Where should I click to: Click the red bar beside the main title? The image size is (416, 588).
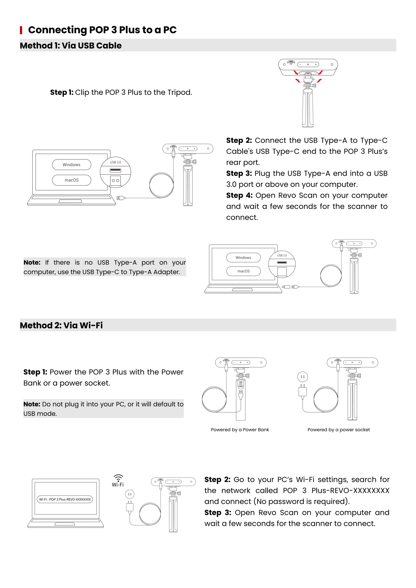21,30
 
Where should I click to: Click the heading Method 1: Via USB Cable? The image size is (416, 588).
71,46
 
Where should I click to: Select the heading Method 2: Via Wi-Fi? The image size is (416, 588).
61,325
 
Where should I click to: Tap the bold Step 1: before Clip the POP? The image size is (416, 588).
62,92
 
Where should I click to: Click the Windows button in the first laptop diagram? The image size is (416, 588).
72,164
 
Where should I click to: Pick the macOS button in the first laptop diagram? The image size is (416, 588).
72,180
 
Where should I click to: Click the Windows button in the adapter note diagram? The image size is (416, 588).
243,257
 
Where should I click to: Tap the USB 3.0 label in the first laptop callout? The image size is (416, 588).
115,162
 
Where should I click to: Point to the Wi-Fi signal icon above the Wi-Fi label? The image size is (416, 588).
118,478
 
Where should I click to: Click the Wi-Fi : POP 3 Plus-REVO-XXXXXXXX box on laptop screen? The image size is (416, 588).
65,499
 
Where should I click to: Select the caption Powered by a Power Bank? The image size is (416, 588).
240,430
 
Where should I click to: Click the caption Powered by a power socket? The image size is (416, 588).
338,430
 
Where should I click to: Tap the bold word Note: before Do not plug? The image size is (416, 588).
32,404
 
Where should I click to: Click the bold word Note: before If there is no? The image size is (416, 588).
32,262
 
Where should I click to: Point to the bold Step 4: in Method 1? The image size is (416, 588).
239,195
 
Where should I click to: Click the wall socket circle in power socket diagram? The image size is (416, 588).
302,377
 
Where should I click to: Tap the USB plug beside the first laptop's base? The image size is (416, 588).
121,198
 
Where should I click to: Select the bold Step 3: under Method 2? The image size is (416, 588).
218,513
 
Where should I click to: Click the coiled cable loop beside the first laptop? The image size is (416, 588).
161,185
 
